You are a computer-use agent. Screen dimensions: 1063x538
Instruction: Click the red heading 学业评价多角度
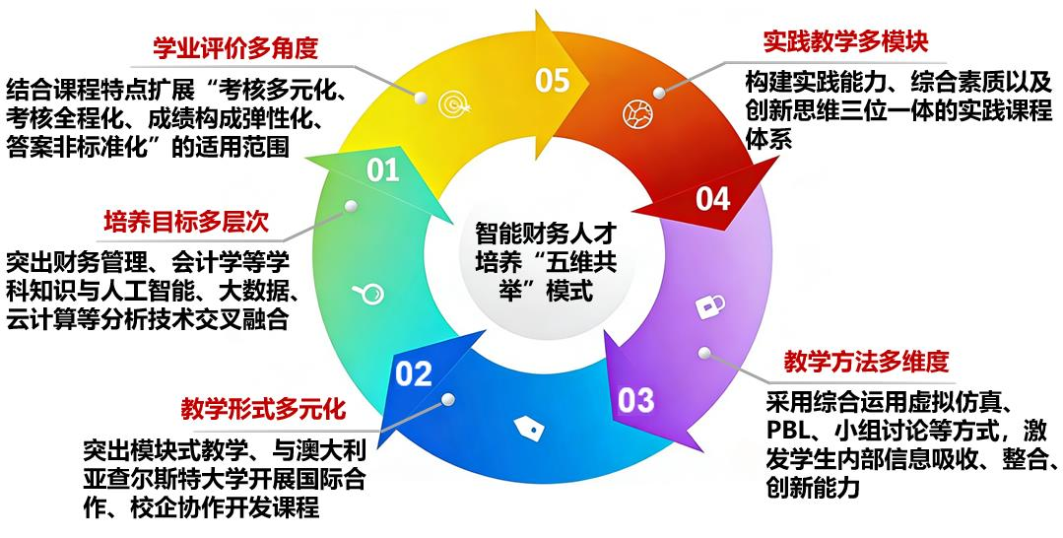pyautogui.click(x=235, y=48)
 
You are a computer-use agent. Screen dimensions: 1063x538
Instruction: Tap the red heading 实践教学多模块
pyautogui.click(x=845, y=41)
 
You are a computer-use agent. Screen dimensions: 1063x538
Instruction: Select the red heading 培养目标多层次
pyautogui.click(x=186, y=221)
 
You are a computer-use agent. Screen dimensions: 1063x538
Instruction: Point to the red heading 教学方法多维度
pyautogui.click(x=866, y=361)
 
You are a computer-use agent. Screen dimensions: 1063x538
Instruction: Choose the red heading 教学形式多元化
pyautogui.click(x=264, y=408)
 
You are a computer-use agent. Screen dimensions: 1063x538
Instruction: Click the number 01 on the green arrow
pyautogui.click(x=383, y=169)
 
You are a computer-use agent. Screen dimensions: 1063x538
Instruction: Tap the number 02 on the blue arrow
pyautogui.click(x=414, y=373)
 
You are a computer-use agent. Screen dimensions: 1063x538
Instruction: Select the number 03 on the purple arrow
pyautogui.click(x=635, y=400)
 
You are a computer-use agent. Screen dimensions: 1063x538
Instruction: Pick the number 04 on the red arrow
pyautogui.click(x=712, y=199)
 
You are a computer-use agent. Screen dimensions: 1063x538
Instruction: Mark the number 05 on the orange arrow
pyautogui.click(x=553, y=80)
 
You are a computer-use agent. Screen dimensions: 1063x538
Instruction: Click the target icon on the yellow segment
pyautogui.click(x=452, y=103)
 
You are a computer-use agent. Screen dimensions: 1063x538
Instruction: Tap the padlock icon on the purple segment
pyautogui.click(x=710, y=306)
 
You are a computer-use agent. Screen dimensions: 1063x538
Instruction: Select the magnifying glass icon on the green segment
pyautogui.click(x=368, y=293)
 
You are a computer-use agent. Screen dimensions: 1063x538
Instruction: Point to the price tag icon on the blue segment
pyautogui.click(x=529, y=428)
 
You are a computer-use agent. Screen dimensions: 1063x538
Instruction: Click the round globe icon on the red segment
pyautogui.click(x=637, y=113)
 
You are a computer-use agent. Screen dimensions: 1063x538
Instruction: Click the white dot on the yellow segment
pyautogui.click(x=421, y=98)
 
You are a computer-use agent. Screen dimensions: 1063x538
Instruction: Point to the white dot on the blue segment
pyautogui.click(x=447, y=399)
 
